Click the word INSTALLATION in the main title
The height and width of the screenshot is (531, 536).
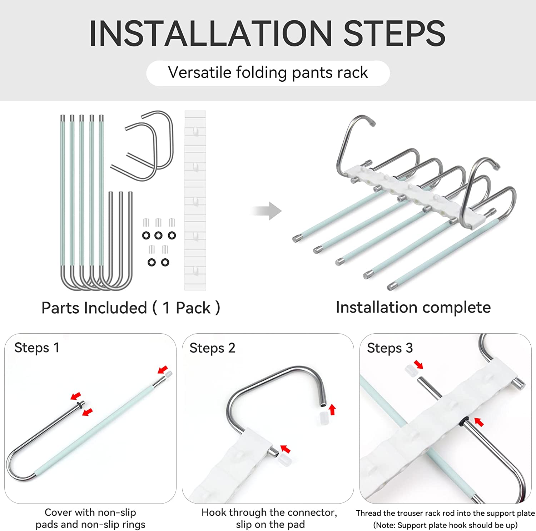click(x=211, y=33)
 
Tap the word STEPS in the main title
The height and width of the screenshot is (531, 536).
click(x=394, y=33)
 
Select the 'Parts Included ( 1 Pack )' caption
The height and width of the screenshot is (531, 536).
click(x=131, y=308)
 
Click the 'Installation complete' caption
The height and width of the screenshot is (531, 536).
click(x=413, y=307)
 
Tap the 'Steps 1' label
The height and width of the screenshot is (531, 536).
click(x=37, y=348)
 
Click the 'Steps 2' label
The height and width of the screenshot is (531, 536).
click(x=213, y=348)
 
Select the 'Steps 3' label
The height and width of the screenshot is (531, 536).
click(x=390, y=348)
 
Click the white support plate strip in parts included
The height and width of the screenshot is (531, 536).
click(x=195, y=200)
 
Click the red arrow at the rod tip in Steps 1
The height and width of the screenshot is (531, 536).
click(x=163, y=369)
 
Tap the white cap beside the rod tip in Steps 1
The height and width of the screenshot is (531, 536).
click(x=169, y=374)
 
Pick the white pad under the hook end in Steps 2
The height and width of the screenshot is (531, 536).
click(x=323, y=418)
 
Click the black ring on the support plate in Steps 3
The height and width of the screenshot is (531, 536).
click(x=465, y=421)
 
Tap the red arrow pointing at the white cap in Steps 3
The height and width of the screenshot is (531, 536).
click(x=418, y=364)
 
